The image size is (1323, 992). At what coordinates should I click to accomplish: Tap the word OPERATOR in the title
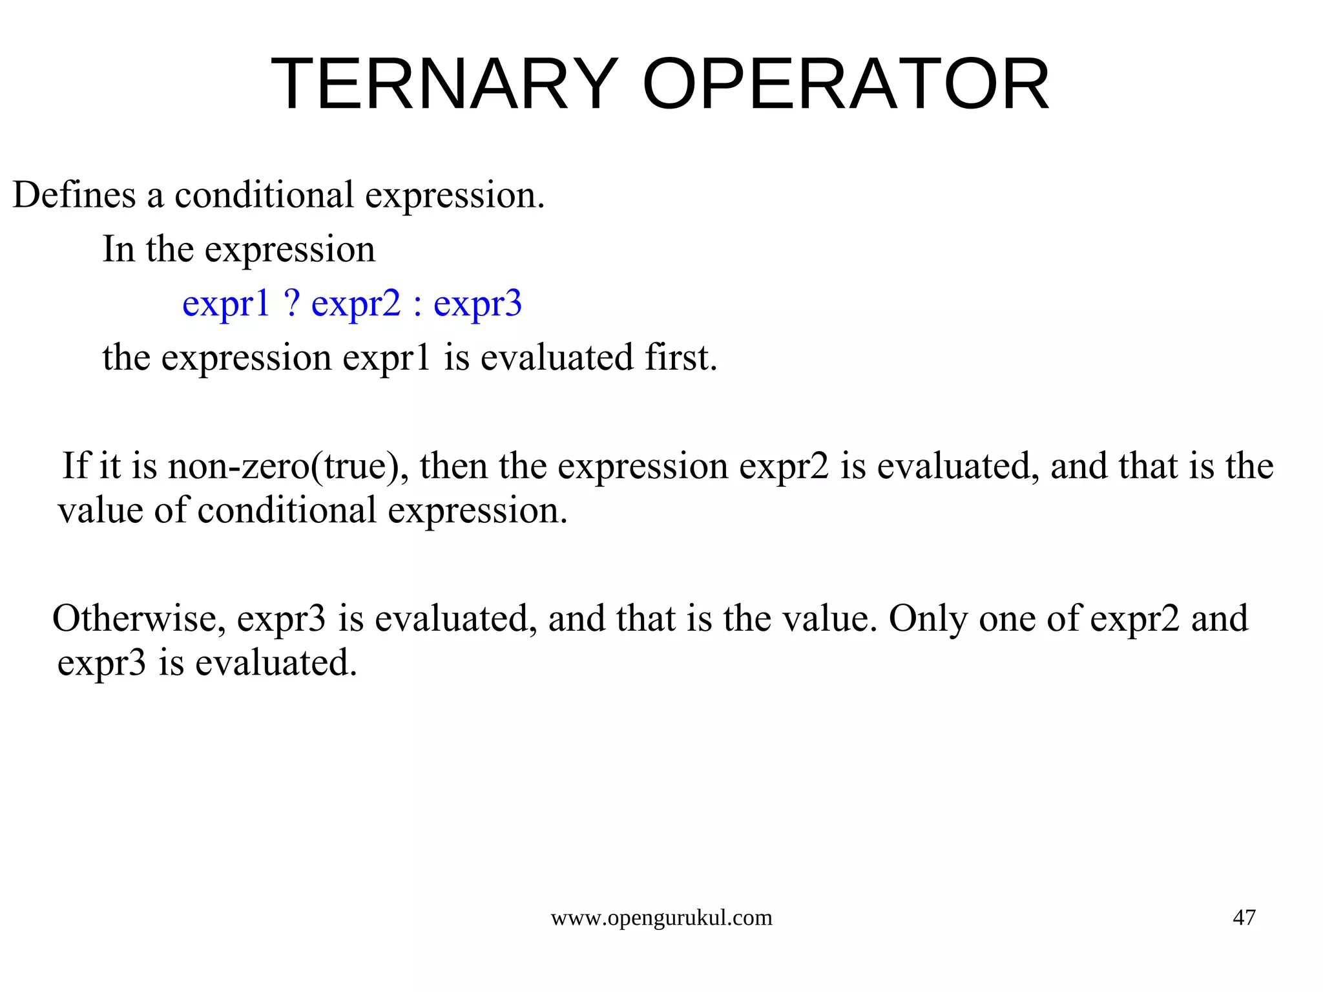[x=846, y=85]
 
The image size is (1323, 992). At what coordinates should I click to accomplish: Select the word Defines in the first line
[x=74, y=195]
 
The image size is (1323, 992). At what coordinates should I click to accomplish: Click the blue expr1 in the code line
[x=225, y=304]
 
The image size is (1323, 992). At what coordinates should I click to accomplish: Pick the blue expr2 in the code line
[x=356, y=304]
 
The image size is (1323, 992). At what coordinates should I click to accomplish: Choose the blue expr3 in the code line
[x=477, y=304]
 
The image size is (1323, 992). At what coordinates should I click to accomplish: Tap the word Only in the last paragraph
[x=928, y=618]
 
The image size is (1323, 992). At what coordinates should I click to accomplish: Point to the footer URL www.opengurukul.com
[x=661, y=918]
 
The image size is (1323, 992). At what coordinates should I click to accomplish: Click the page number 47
[x=1244, y=918]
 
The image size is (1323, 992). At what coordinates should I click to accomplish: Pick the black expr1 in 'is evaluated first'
[x=386, y=358]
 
